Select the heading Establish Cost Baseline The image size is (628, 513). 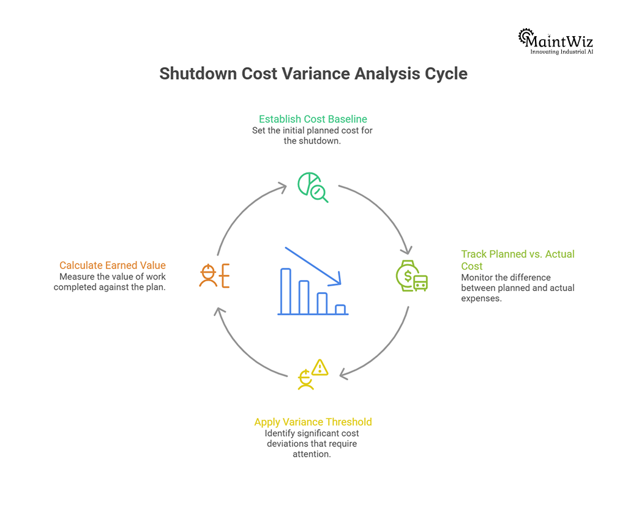click(313, 119)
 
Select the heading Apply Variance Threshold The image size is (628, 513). click(313, 422)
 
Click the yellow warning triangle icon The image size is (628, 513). click(320, 367)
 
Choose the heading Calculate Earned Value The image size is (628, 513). click(113, 265)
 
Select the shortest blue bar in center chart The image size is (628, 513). click(340, 309)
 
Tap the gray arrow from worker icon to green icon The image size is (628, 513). click(242, 211)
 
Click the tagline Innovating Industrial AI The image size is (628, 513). click(561, 52)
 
